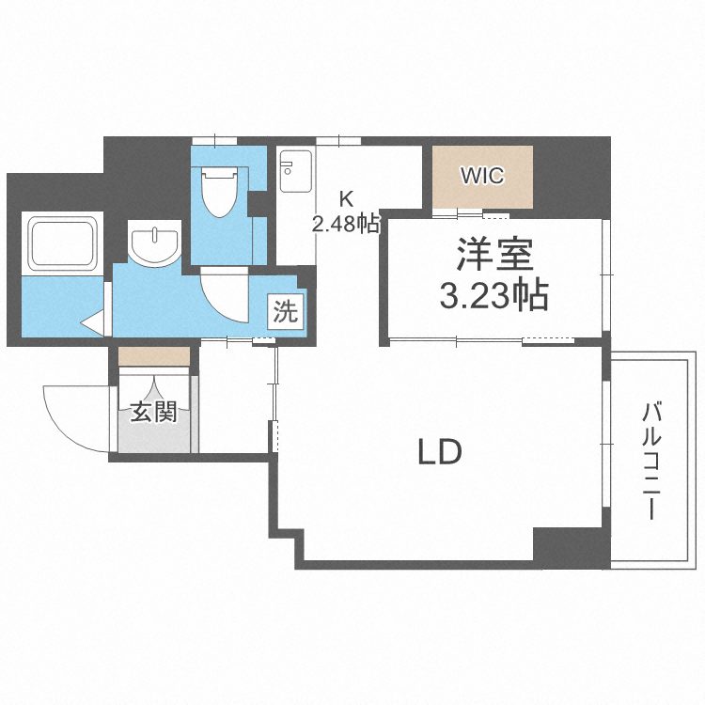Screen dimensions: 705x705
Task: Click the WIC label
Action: (482, 175)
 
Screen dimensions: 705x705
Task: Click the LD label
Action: (439, 453)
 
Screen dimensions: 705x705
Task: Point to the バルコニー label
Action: (650, 461)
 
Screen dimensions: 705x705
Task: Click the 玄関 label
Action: (153, 412)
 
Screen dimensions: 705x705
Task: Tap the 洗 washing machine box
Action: (285, 311)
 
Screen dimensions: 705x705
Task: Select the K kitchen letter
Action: (346, 199)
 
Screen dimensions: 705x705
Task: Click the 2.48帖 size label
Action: (346, 224)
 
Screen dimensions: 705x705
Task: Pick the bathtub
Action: (63, 243)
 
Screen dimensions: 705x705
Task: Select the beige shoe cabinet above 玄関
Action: (154, 356)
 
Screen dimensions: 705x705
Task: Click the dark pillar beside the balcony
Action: (570, 546)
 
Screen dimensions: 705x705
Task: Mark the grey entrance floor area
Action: (154, 437)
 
